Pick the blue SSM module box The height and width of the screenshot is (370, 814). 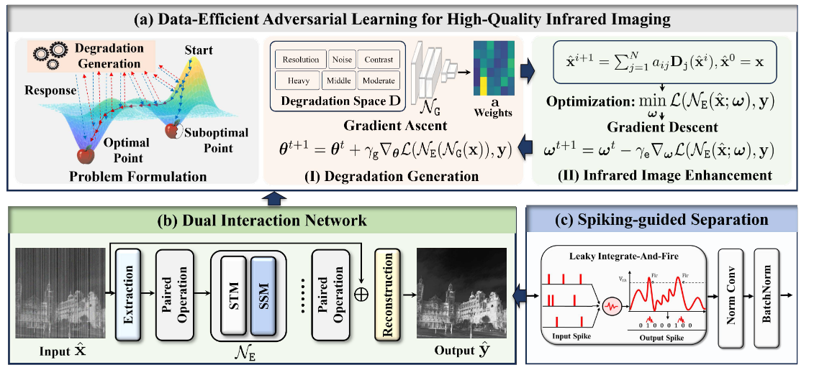(x=263, y=295)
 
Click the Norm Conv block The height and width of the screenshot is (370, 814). (x=731, y=295)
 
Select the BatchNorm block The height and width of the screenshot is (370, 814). (x=768, y=295)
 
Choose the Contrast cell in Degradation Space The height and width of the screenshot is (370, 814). (x=379, y=60)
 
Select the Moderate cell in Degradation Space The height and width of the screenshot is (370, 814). (x=379, y=80)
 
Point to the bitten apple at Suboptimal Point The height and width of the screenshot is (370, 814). (x=172, y=131)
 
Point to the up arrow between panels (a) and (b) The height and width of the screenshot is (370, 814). (x=276, y=199)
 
